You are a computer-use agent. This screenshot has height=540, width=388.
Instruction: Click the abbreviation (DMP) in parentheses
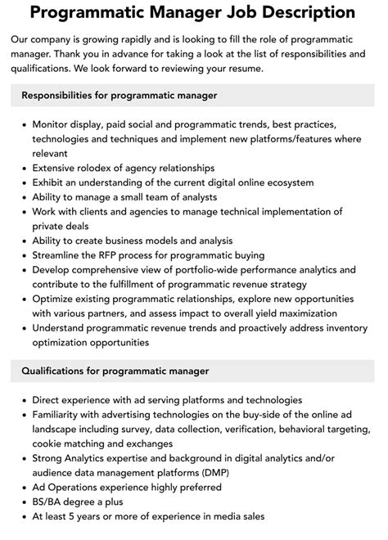point(208,472)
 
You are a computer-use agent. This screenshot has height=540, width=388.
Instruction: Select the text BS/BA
point(48,502)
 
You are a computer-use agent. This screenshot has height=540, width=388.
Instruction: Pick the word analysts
point(194,196)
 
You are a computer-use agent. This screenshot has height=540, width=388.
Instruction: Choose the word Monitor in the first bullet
point(53,124)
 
